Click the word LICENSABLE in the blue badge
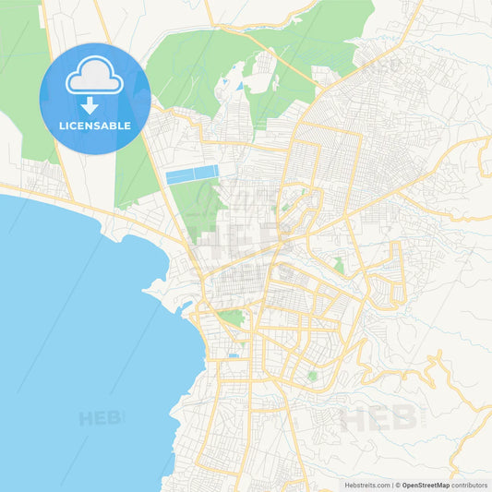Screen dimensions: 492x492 coord(94,125)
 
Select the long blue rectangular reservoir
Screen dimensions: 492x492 coord(192,174)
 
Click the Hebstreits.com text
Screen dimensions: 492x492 coord(366,485)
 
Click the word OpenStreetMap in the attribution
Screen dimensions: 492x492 coord(426,485)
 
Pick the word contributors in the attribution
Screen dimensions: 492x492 coord(470,485)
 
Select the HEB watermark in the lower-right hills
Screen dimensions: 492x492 coord(378,418)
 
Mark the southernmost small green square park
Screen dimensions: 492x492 coord(312,376)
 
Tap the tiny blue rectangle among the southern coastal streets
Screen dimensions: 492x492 coord(234,355)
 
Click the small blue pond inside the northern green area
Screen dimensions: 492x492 coord(240,86)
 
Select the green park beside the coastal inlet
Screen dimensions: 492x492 coord(232,317)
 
